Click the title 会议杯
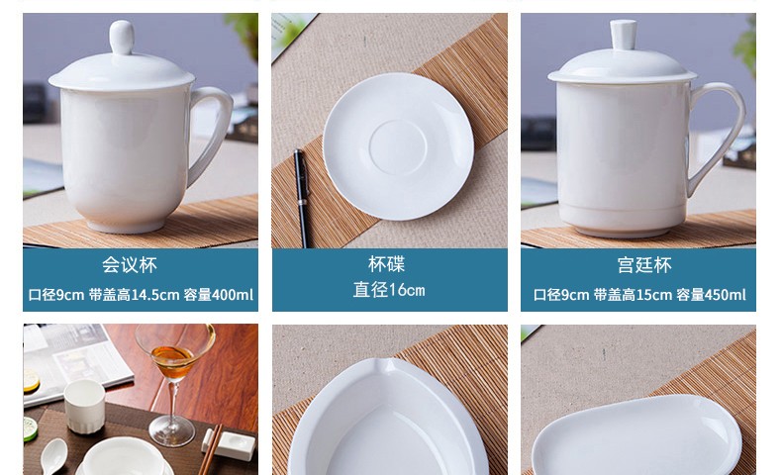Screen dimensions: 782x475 130,264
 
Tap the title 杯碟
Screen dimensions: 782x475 386,264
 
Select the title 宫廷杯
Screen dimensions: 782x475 644,264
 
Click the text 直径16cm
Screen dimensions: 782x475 389,290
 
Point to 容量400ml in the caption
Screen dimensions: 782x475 219,295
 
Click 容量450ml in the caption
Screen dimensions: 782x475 711,295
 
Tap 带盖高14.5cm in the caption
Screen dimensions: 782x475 134,295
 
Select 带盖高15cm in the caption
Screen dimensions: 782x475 633,295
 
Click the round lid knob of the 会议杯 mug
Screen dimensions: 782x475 122,37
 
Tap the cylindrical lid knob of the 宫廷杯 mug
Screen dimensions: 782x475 624,34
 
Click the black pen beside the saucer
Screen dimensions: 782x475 302,198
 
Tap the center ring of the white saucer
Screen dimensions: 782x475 398,147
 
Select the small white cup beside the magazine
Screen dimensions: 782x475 84,406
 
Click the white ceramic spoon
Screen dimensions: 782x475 52,455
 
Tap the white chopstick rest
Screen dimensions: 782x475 229,445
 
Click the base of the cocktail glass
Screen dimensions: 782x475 172,430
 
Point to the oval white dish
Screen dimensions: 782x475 636,435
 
